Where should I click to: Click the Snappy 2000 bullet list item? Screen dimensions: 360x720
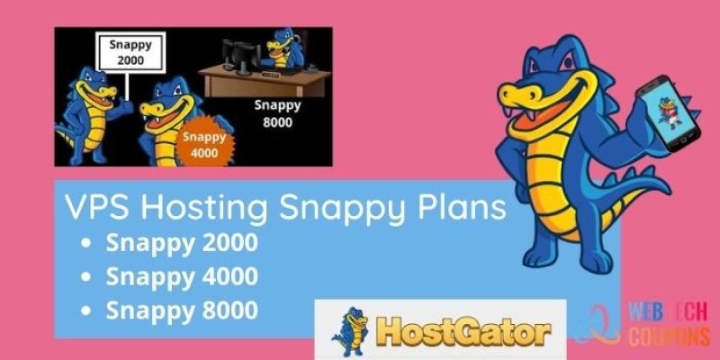181,242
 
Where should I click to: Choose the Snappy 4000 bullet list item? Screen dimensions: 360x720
181,275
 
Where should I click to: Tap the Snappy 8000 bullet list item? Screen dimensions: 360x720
181,309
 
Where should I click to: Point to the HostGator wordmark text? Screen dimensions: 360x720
463,330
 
